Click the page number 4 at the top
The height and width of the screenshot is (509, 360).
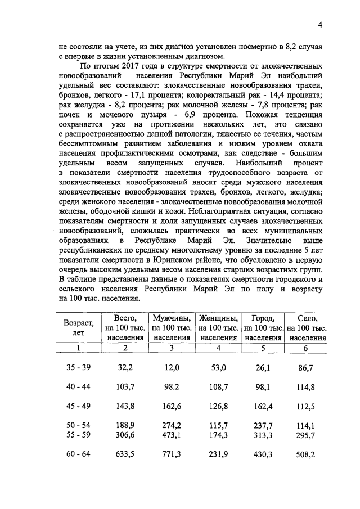(319, 25)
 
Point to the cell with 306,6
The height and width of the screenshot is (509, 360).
(125, 436)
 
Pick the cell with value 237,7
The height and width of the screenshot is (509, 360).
(262, 426)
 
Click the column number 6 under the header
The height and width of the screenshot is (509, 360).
(306, 348)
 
